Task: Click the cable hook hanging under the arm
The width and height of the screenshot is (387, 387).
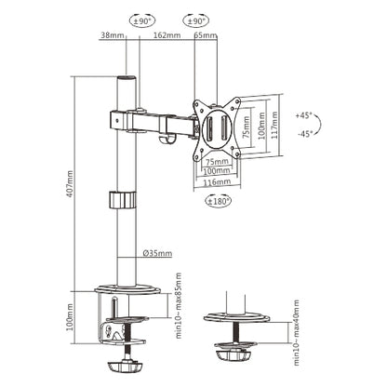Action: (x=167, y=140)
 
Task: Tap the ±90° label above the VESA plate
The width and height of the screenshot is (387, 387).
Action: (x=195, y=19)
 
